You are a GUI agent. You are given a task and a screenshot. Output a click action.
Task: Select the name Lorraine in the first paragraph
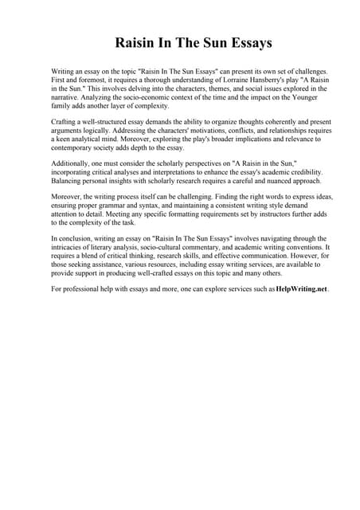tap(205, 80)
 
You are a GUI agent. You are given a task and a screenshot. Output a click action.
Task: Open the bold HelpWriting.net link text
tap(301, 290)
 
